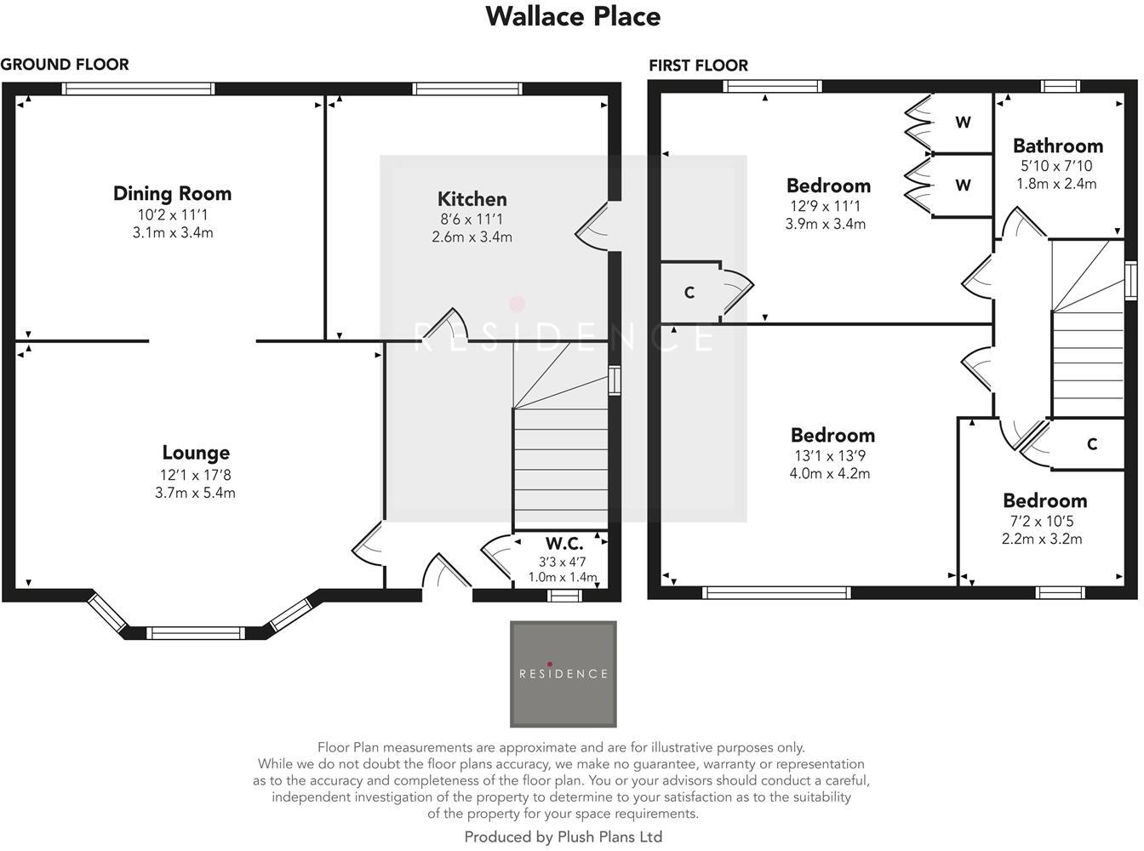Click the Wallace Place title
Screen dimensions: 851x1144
(572, 16)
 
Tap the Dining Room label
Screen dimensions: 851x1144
(172, 194)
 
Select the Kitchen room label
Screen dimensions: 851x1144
(472, 199)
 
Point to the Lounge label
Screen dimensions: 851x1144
(196, 454)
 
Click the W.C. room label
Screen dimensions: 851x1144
(563, 544)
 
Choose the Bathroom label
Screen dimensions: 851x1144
(1057, 146)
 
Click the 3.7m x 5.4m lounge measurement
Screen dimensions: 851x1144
(195, 493)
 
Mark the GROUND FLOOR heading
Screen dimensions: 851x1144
(65, 65)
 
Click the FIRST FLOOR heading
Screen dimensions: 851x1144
(698, 66)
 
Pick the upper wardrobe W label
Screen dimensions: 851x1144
(963, 123)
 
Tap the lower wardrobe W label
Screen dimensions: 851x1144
(963, 186)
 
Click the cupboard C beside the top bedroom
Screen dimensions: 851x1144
(689, 293)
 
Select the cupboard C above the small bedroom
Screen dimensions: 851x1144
(1092, 444)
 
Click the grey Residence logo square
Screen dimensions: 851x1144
(563, 674)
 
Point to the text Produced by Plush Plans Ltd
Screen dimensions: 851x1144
(563, 837)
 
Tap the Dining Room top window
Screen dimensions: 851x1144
(138, 89)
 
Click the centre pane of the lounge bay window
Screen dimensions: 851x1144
(196, 632)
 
